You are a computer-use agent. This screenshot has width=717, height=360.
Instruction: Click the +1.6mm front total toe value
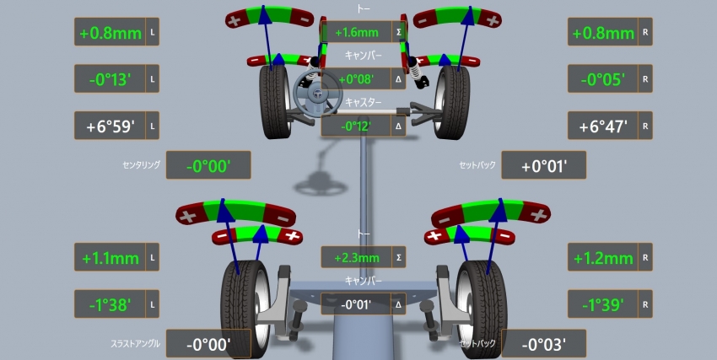pos(357,32)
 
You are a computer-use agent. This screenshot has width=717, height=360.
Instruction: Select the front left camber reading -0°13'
pos(110,79)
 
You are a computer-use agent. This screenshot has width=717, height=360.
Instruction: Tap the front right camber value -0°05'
pos(602,79)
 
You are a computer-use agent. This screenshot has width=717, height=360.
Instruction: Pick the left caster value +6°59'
pos(110,126)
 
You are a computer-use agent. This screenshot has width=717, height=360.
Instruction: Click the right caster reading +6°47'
pos(602,126)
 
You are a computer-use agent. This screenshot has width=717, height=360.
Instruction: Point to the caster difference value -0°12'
pos(356,126)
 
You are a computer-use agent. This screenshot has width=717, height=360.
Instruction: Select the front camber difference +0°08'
pos(356,79)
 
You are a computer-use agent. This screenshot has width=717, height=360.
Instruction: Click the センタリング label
pos(142,165)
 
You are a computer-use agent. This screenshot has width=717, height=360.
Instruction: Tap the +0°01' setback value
pos(544,166)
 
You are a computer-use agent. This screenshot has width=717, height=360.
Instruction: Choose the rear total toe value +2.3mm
pos(357,258)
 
